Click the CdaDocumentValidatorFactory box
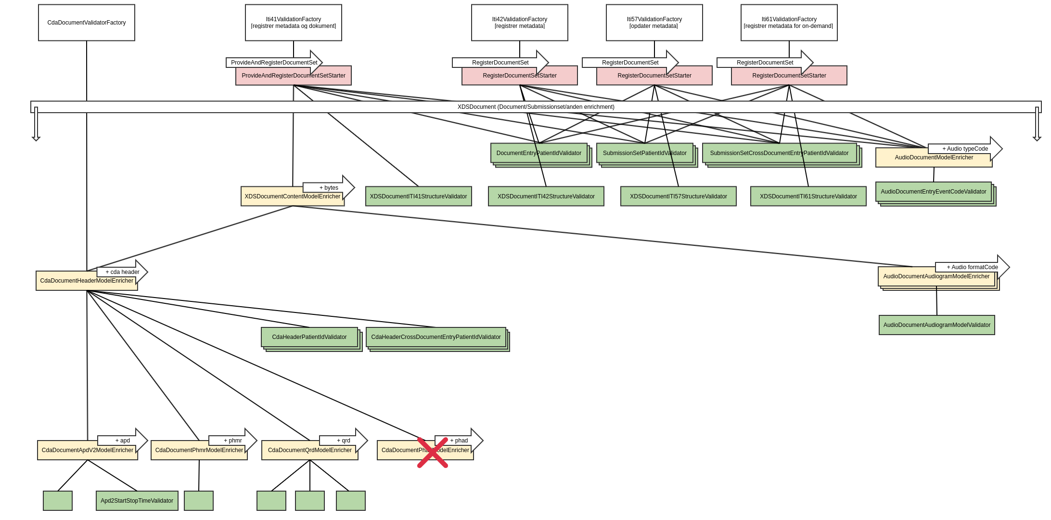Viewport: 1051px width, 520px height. [87, 23]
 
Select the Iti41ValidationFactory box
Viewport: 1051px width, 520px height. [294, 23]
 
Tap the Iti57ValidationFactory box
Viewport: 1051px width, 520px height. [654, 23]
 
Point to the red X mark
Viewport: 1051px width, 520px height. [433, 453]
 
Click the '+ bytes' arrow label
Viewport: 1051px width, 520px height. [329, 188]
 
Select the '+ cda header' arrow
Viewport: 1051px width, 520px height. [122, 272]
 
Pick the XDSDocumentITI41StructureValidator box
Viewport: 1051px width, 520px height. [418, 196]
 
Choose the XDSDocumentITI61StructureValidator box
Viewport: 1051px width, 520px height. [808, 196]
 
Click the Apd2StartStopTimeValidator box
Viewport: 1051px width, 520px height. [137, 501]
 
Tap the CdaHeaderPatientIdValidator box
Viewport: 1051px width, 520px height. [309, 337]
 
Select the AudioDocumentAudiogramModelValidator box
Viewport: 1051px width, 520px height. [936, 325]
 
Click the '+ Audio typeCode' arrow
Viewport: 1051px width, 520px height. [965, 149]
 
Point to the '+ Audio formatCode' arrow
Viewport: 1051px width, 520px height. [972, 267]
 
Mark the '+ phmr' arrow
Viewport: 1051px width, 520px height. [233, 441]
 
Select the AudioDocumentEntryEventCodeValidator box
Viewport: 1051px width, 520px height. [933, 192]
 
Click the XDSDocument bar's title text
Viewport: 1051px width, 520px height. [536, 107]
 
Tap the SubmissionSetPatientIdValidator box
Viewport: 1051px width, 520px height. [644, 153]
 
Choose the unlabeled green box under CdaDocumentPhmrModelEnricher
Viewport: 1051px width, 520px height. [199, 501]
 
